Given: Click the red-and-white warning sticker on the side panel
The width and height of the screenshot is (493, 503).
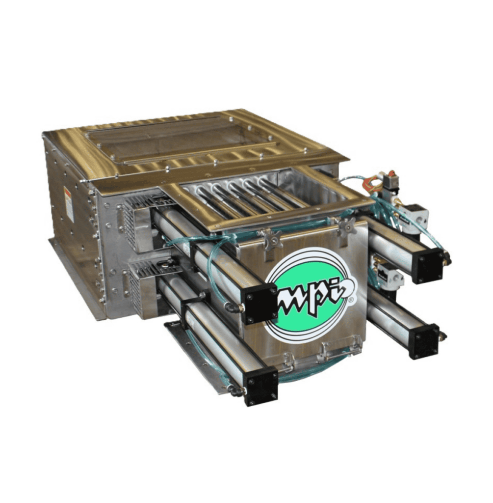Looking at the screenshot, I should tap(69, 203).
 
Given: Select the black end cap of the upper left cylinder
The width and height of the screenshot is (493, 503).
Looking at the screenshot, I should tap(259, 303).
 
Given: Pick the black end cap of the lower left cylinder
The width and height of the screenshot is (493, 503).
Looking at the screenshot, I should tap(261, 385).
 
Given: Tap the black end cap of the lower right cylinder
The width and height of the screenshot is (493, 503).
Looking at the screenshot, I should tap(425, 341).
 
